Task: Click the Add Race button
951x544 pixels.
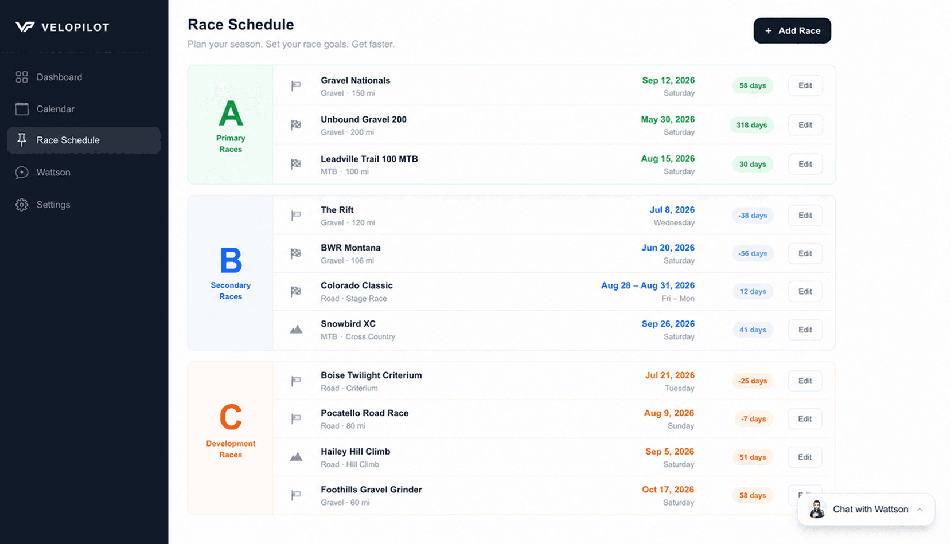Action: [792, 30]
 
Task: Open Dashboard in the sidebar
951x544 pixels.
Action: [59, 77]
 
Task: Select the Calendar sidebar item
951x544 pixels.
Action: [55, 109]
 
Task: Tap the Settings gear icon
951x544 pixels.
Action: [22, 205]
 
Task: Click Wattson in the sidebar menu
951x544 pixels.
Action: [53, 173]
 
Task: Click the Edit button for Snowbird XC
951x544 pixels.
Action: [805, 330]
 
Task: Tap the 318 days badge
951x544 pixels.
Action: [751, 125]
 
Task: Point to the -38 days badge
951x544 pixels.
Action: [753, 216]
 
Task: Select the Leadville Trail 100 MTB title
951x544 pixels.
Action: [369, 159]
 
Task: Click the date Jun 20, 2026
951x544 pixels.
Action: [668, 248]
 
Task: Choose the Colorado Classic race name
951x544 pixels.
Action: [357, 285]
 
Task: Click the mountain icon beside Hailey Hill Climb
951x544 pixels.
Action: [296, 457]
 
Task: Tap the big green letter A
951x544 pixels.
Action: [231, 114]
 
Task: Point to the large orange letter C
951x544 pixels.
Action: [231, 417]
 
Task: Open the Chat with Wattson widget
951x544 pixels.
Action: [866, 509]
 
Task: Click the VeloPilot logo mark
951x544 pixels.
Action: [25, 27]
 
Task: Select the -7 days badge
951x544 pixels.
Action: [753, 419]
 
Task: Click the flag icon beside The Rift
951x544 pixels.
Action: [296, 216]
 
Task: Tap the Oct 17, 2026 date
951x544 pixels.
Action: [668, 490]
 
